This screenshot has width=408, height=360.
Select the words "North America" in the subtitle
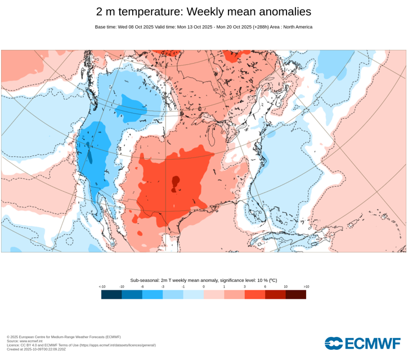[x=298, y=27]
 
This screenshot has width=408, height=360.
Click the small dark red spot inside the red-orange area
[x=176, y=182]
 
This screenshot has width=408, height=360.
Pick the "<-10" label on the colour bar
[x=102, y=287]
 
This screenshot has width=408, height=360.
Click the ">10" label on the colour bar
[x=306, y=287]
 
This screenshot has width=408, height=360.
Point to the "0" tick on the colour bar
[x=204, y=287]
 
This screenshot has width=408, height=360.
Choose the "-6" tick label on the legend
[x=142, y=287]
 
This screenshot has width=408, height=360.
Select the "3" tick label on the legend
[x=245, y=287]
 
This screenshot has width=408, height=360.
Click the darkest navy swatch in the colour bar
[x=111, y=294]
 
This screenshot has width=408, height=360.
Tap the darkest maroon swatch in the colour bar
[x=296, y=294]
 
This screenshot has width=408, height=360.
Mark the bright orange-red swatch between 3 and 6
[x=255, y=294]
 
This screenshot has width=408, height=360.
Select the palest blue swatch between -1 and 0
[x=194, y=294]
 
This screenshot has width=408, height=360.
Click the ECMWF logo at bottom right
[x=363, y=343]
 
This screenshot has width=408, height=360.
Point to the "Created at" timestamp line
[x=36, y=349]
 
